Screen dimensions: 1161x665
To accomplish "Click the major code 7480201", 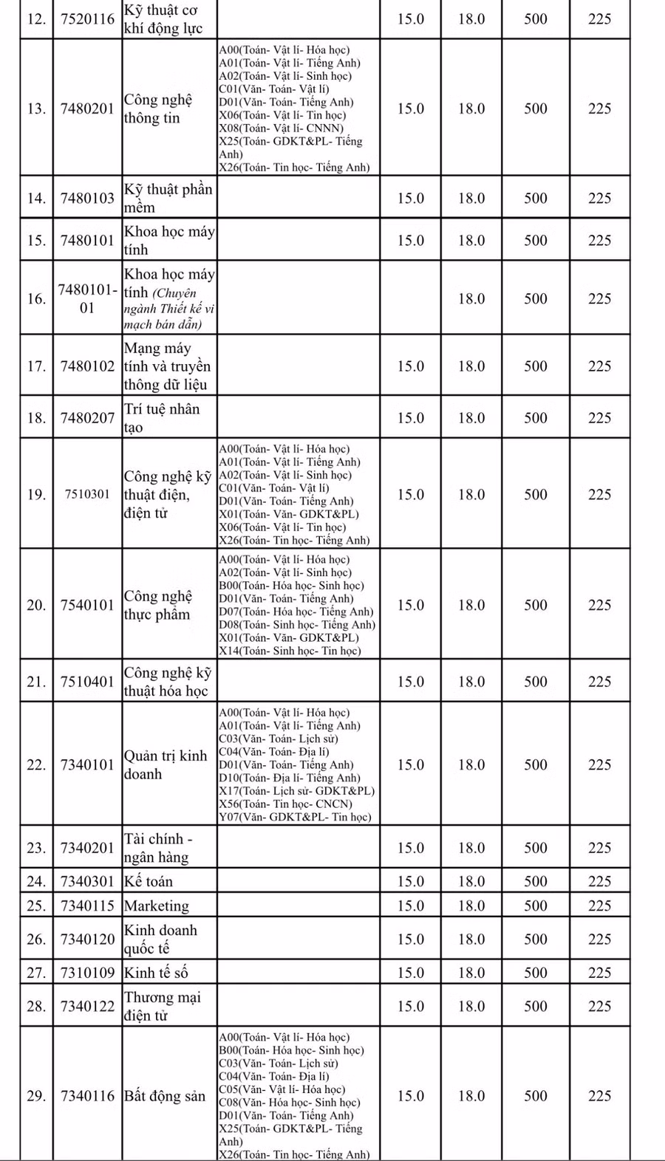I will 87,109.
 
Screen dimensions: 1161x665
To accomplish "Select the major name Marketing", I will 157,905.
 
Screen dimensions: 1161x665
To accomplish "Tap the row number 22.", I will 36,764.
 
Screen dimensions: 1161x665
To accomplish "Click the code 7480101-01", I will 87,298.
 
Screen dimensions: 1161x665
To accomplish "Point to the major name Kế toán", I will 149,881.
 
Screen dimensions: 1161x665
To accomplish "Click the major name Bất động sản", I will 165,1096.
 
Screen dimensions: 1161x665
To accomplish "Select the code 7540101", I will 87,605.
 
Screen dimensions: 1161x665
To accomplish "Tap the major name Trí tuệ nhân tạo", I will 162,418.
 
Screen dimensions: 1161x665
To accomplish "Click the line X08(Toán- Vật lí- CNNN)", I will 282,128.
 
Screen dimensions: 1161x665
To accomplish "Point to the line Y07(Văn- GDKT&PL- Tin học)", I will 295,817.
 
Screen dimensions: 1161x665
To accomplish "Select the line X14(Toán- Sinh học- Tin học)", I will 290,651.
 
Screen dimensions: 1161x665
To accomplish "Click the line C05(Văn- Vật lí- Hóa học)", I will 282,1089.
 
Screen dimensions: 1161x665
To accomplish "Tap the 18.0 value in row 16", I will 471,298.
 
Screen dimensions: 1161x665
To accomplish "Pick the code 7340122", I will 87,1006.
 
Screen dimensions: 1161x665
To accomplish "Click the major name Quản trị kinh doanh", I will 166,764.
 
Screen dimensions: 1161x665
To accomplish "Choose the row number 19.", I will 36,494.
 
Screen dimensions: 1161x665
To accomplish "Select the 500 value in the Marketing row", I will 536,905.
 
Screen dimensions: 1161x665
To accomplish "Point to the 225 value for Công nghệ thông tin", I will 599,109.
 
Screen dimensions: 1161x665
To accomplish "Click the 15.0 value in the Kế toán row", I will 411,881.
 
